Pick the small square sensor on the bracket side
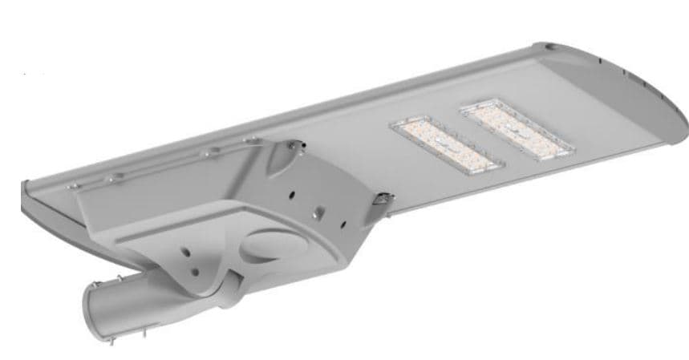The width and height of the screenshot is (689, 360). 319,214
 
